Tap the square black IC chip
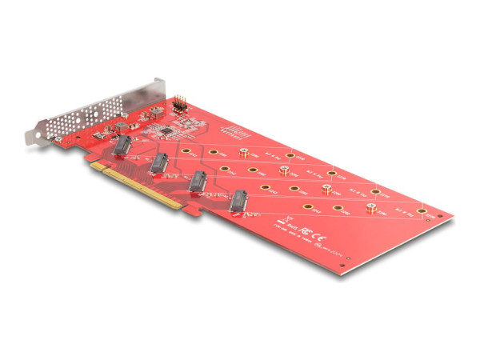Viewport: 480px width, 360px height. (x=165, y=128)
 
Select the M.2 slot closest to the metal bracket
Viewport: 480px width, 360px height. (x=124, y=146)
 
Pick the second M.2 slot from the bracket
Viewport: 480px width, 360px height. (x=159, y=163)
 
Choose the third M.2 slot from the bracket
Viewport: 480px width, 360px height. (x=198, y=182)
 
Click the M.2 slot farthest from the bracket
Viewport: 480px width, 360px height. (x=238, y=202)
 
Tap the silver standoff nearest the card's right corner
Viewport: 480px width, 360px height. (x=371, y=209)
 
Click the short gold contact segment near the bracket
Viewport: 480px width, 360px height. (x=95, y=166)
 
